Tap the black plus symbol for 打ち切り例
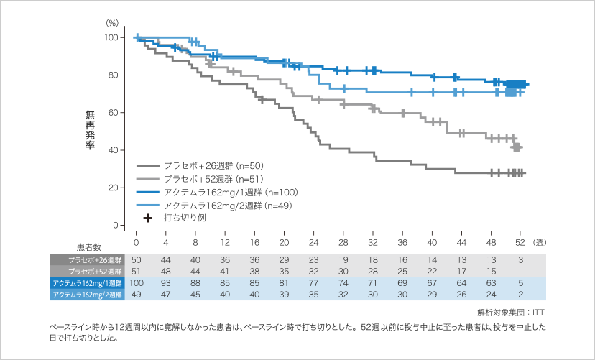point(147,218)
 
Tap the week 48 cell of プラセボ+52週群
point(491,271)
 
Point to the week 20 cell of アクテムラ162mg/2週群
point(284,294)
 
